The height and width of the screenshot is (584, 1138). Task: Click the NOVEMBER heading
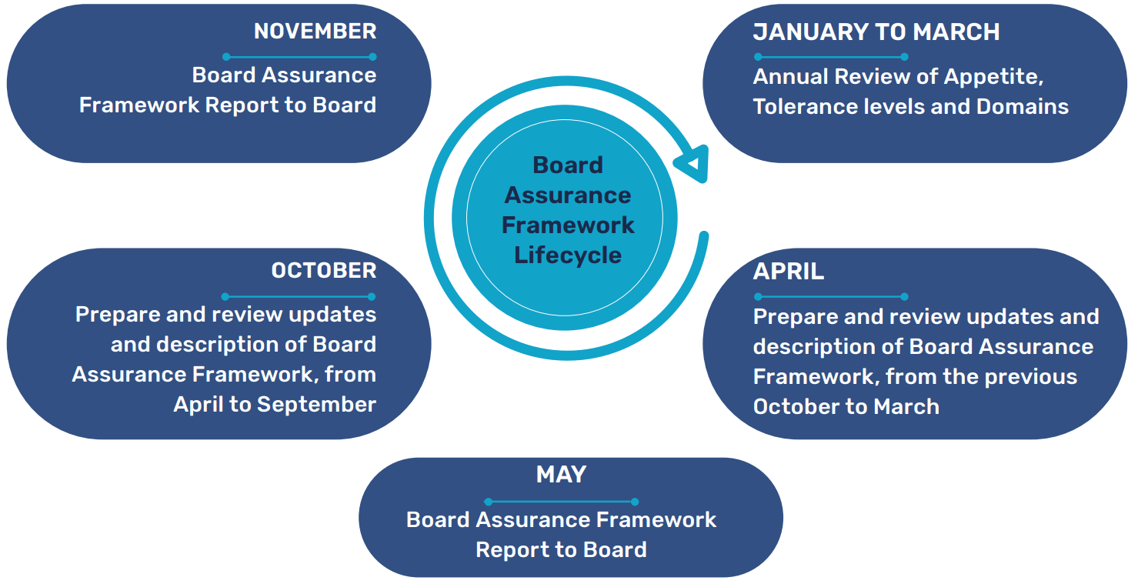point(315,32)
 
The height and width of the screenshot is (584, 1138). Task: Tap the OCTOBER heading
point(323,271)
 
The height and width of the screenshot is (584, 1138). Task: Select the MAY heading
point(561,475)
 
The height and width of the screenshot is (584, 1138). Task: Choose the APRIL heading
point(788,272)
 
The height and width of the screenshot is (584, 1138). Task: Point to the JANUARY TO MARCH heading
point(876,32)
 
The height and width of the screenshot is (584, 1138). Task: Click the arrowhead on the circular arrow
point(692,163)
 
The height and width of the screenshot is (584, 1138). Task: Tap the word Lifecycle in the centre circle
point(568,255)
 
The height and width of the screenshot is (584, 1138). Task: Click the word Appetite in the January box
point(993,77)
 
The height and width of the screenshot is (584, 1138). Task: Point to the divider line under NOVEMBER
point(299,57)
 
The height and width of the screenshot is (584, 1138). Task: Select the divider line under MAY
point(561,502)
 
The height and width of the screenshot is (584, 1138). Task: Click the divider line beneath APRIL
point(830,296)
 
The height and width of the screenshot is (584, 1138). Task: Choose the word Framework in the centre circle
point(568,225)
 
